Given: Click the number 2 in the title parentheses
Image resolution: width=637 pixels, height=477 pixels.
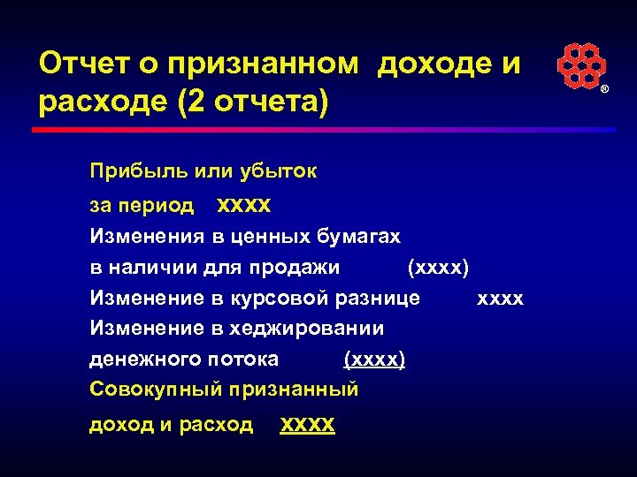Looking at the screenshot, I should [196, 102].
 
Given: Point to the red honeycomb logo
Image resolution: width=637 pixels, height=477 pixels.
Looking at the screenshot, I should [580, 67].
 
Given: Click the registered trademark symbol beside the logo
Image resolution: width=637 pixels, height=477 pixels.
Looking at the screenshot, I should [605, 91].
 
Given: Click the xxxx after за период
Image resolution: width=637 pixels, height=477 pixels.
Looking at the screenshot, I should [244, 206].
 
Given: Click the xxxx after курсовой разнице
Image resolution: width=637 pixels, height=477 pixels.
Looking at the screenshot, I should [500, 299].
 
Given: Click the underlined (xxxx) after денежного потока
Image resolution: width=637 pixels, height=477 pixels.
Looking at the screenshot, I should [373, 359].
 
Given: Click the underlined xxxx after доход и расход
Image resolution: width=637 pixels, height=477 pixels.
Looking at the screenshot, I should [307, 425].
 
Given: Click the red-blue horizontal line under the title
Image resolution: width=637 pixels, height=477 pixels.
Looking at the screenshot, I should [323, 129].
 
